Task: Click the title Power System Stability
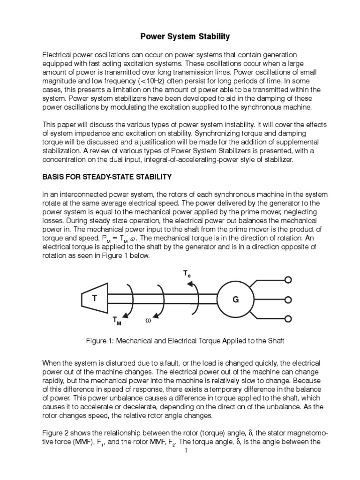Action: (180, 36)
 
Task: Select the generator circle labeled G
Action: (236, 299)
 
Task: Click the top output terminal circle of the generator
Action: (288, 280)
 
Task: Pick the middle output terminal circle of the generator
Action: (288, 299)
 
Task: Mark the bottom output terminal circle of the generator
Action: (288, 318)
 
